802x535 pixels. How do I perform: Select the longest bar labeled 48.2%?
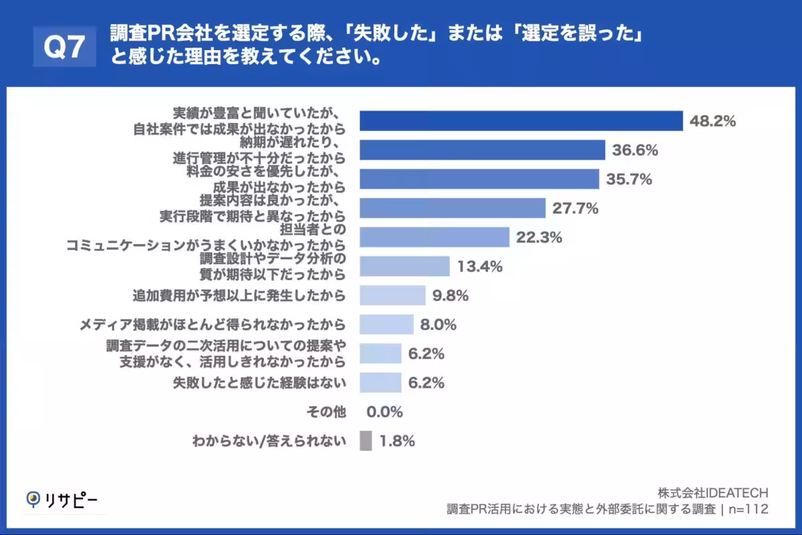coord(521,121)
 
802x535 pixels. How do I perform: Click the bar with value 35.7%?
coord(479,179)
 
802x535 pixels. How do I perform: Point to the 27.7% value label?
coord(575,209)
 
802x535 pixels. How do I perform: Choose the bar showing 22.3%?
coord(434,237)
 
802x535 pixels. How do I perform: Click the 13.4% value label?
coord(479,267)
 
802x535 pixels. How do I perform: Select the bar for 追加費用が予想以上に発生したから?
coord(392,295)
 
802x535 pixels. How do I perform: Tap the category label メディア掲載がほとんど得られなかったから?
coord(213,325)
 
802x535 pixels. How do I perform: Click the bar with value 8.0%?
coord(386,325)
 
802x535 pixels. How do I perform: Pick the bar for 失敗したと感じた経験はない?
coord(380,383)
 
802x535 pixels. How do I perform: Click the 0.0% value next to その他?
coord(384,412)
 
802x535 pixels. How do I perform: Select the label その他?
coord(325,412)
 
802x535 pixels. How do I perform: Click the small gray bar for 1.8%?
coord(366,441)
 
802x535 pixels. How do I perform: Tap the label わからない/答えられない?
coord(269,441)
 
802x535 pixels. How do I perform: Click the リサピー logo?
coord(61,500)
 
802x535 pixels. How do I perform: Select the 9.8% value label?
coord(450,295)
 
